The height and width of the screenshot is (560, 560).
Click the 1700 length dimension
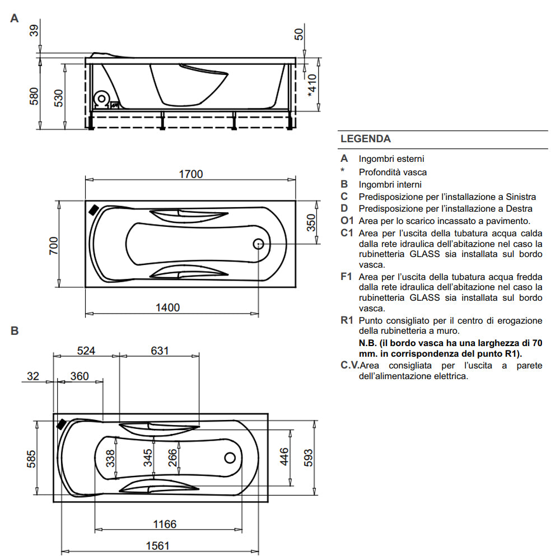191,174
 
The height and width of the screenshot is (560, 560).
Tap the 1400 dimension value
167,307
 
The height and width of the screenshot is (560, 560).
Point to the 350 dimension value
311,222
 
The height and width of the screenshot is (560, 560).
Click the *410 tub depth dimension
312,86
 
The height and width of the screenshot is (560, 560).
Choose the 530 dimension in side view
58,99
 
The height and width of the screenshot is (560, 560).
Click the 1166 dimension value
165,524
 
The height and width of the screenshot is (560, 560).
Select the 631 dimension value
160,351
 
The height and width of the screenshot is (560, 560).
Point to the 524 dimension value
86,351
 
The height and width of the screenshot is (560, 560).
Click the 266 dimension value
172,459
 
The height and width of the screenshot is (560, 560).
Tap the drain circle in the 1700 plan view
259,244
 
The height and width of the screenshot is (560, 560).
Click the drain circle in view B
230,458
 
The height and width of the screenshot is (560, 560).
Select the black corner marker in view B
62,424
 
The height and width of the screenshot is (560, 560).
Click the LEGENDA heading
366,139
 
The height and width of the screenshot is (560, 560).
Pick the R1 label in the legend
347,321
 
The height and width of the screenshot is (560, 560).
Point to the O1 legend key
347,221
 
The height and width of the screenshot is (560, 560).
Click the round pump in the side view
102,99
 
